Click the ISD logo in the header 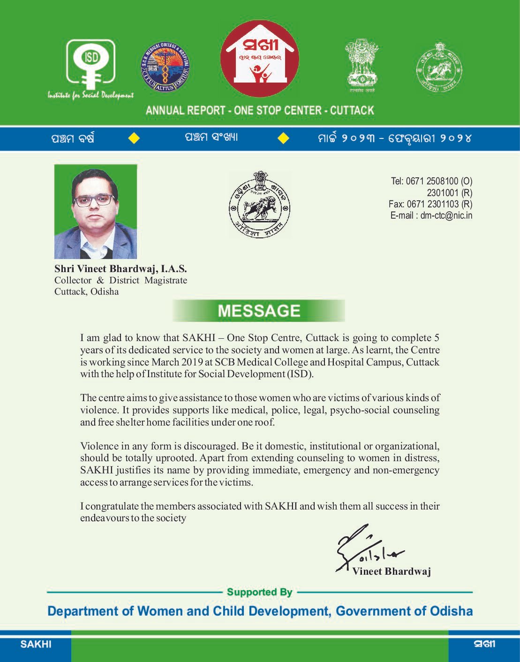click(x=90, y=66)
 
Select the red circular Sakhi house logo click(x=259, y=59)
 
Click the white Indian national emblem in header click(x=362, y=65)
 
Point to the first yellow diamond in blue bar click(x=134, y=138)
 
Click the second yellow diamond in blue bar click(x=283, y=138)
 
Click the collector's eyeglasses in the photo click(x=94, y=200)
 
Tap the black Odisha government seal click(x=259, y=204)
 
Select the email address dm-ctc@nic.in click(x=446, y=216)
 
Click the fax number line click(x=430, y=204)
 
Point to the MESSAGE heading click(x=259, y=311)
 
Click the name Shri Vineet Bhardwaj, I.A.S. click(x=121, y=269)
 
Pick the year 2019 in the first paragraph click(x=192, y=362)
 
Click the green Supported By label click(x=259, y=592)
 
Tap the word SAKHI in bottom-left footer click(x=36, y=644)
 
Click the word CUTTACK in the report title click(x=352, y=111)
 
